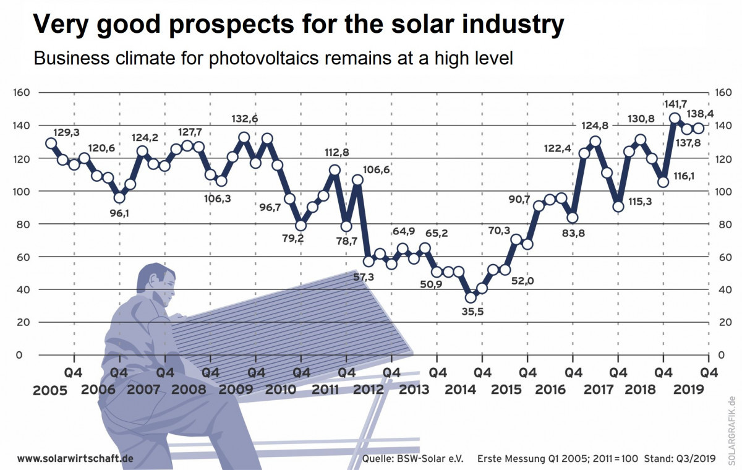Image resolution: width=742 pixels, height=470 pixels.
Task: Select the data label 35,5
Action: coord(473,312)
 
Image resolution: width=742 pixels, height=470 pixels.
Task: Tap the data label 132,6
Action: coord(245,119)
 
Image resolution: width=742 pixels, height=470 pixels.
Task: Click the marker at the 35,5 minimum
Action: coord(471,297)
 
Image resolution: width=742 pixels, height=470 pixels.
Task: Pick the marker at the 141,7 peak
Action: coord(675,118)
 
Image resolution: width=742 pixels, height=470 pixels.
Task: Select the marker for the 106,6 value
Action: coord(357,180)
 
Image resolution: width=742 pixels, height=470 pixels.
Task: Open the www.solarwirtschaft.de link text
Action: coord(75,458)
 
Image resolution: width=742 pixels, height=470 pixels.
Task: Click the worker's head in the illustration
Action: coord(156,283)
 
